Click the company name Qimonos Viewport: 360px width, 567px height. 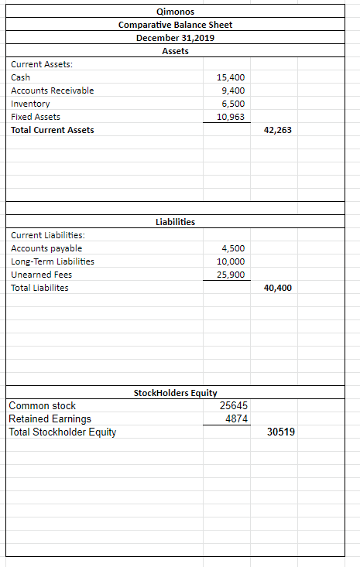[x=175, y=12]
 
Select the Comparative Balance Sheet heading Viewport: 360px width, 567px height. [x=175, y=25]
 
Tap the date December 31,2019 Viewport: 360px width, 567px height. [x=175, y=38]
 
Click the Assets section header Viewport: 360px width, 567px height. [x=175, y=51]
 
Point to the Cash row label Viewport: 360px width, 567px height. [x=20, y=77]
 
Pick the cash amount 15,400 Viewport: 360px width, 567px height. [x=231, y=77]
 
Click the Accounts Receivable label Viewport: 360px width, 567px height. [x=52, y=91]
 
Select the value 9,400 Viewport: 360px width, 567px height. [x=233, y=91]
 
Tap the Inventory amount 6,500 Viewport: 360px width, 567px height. [x=233, y=104]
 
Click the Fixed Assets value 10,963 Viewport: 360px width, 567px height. [x=231, y=117]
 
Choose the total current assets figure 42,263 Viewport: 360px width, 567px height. [x=278, y=130]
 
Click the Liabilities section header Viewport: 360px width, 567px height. [x=175, y=222]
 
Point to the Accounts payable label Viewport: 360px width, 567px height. [x=46, y=248]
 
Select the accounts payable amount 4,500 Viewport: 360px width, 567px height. [x=233, y=248]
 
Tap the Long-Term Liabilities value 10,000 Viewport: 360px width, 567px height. [x=231, y=261]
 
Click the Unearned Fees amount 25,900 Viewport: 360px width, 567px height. [x=231, y=275]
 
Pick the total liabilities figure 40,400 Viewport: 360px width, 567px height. [x=278, y=288]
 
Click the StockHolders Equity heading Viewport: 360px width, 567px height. [x=175, y=393]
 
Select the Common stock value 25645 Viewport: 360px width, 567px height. [x=233, y=405]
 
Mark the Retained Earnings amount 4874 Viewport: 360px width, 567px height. [x=235, y=418]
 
